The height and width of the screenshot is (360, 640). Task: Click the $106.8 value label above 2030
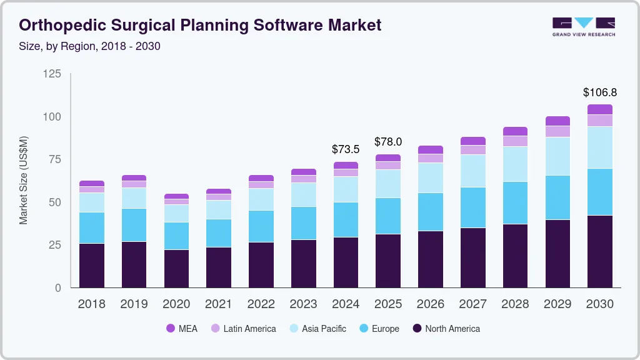coord(600,92)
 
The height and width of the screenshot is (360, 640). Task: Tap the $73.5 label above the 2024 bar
coord(346,149)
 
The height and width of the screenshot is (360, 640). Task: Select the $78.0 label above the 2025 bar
coord(388,142)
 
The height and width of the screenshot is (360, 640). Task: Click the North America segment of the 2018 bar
coord(92,265)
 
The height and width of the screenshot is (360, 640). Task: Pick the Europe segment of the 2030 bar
coord(600,192)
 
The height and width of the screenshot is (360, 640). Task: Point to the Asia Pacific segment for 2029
coord(557,156)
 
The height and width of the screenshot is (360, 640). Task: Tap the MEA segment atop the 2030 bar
coord(600,109)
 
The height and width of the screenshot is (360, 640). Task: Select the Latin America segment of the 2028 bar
coord(515,141)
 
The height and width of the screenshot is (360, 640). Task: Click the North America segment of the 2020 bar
coord(176,269)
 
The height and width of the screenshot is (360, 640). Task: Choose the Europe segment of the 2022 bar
coord(261,226)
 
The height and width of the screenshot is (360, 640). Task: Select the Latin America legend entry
coord(249,328)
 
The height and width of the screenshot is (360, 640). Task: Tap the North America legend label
coord(452,328)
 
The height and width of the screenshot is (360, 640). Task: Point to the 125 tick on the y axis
coord(52,74)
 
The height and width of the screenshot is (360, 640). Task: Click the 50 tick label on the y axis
coord(55,202)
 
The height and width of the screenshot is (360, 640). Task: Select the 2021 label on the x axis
coord(219,304)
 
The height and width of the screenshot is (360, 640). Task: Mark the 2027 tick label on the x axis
coord(472,304)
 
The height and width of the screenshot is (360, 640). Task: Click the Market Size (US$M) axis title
coord(23,179)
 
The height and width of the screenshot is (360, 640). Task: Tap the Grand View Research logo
coord(583,26)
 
